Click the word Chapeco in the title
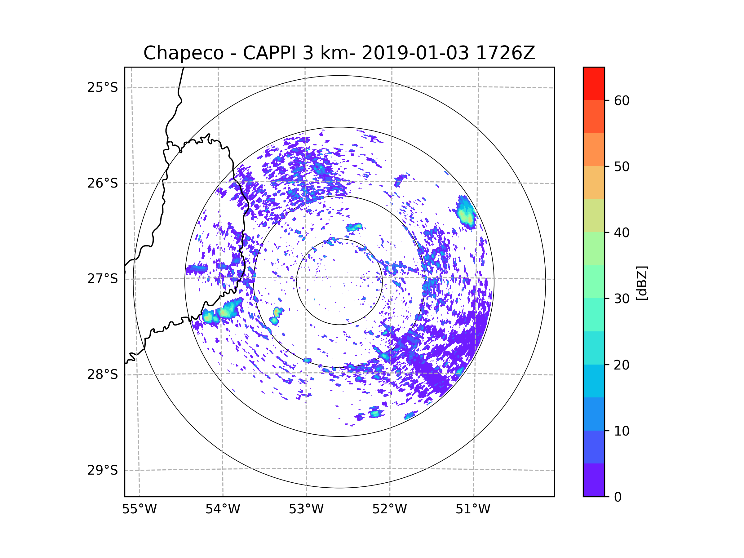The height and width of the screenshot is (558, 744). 183,53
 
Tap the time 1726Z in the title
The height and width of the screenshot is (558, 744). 505,53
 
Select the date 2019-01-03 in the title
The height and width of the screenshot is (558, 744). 415,53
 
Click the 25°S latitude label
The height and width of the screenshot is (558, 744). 103,87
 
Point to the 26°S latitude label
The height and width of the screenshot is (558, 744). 103,183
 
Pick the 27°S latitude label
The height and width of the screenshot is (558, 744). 103,279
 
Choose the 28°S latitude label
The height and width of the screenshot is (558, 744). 103,374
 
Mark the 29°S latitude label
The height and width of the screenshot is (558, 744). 103,470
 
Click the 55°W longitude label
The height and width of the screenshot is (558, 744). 139,509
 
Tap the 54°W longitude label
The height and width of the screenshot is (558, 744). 223,509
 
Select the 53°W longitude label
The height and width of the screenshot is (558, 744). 306,509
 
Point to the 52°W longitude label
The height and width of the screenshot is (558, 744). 389,509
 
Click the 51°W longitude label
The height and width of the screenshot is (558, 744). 473,509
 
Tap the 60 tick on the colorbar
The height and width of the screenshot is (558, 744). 622,100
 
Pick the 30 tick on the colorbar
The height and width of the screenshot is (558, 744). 622,299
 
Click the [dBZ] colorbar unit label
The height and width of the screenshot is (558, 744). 642,283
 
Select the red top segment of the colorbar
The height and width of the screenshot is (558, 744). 594,83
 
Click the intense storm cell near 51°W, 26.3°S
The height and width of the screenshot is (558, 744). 467,214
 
